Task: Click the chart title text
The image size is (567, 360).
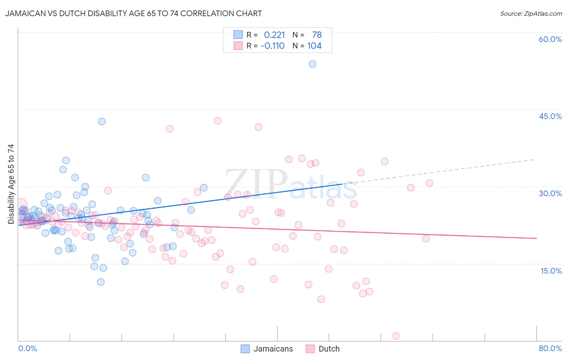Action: pos(133,14)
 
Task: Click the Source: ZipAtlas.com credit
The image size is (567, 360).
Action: pos(531,14)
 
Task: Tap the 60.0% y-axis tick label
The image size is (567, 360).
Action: pos(550,39)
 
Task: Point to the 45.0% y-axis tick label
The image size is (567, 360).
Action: pos(550,116)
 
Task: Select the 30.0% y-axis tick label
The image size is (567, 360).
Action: pos(550,193)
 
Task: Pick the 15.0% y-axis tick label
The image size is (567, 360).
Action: pos(551,270)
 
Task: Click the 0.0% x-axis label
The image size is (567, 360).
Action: pos(27,348)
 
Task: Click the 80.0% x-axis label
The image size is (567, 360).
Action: pos(550,348)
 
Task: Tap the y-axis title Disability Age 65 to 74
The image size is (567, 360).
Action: pos(11,184)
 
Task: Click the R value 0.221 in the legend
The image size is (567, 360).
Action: pos(274,35)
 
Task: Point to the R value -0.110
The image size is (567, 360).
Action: pos(273,46)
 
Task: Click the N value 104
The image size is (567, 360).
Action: pos(314,46)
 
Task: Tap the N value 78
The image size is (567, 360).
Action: pos(317,35)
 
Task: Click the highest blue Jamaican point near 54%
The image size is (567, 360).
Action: pos(313,64)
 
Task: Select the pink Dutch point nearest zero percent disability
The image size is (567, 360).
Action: pos(396,336)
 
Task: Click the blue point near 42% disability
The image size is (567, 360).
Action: pos(102,121)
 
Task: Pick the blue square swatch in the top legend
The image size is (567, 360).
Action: pos(238,35)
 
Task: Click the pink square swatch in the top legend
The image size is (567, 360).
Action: pos(238,46)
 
